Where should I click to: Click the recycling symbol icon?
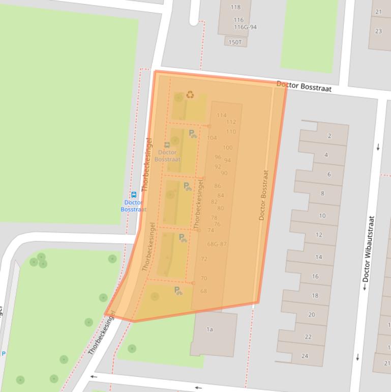190,94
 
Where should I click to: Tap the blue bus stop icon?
134,194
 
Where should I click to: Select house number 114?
222,116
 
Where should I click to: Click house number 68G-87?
217,244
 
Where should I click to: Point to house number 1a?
209,329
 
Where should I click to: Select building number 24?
305,356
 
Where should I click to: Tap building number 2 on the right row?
329,136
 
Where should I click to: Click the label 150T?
235,42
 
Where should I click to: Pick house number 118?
235,7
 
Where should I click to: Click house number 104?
212,138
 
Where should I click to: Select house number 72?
204,259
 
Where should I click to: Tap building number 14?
318,257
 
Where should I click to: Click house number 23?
379,31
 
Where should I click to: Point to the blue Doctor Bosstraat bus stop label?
134,206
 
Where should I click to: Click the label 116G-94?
245,27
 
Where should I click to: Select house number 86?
218,186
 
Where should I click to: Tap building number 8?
322,193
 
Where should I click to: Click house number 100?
227,148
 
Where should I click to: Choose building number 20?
312,315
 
